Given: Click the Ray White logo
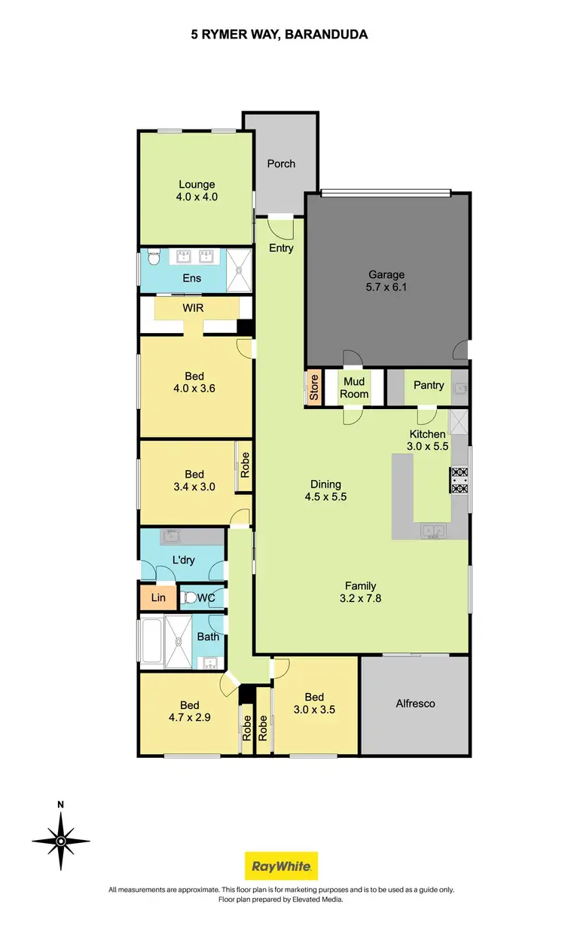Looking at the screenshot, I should [282, 866].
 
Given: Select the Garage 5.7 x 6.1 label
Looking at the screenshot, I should [386, 281].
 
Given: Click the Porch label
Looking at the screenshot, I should [281, 163].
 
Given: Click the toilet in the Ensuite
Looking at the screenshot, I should [153, 258].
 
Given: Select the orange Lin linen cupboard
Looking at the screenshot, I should [158, 598].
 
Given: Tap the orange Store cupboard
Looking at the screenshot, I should [314, 387].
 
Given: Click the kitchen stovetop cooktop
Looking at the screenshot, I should [460, 480].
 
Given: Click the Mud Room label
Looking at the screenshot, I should [354, 388].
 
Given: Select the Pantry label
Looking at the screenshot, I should [429, 385].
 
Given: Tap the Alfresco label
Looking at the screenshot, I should [415, 704].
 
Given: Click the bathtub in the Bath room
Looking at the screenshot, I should [151, 643].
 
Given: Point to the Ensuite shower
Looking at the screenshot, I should [240, 269].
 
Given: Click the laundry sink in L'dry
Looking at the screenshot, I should [170, 537].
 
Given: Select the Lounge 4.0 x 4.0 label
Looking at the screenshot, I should [197, 191].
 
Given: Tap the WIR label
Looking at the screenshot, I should [194, 308].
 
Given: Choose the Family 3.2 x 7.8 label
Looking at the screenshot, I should [361, 592].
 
